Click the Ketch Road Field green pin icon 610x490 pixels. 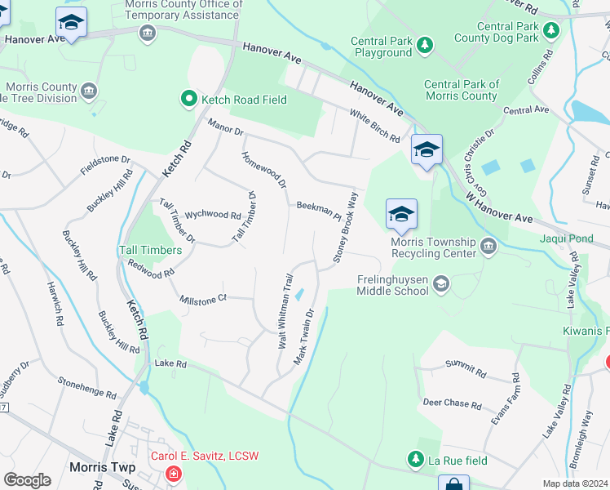(189, 99)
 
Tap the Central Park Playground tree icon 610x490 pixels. (424, 42)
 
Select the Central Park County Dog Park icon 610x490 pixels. (552, 31)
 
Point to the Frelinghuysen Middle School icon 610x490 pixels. (441, 283)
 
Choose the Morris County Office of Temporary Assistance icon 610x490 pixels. (148, 32)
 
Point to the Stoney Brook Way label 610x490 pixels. (345, 228)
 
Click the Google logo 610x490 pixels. (27, 480)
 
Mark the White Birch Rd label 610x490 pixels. (374, 126)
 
